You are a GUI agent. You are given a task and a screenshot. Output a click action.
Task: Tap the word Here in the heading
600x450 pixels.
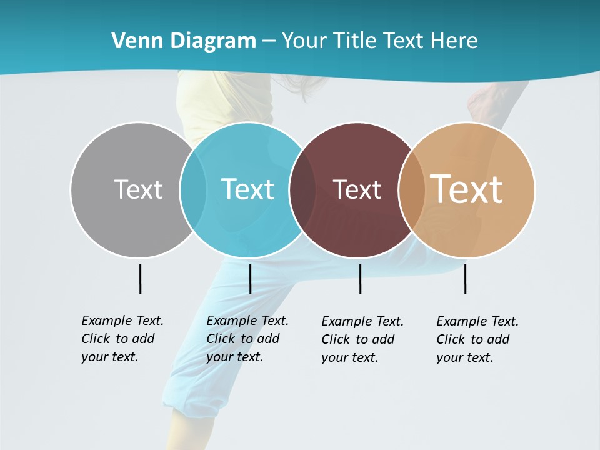click(x=454, y=41)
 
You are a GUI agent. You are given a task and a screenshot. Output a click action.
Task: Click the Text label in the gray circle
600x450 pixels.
click(x=138, y=189)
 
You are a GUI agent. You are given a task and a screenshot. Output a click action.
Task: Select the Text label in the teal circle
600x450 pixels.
click(x=247, y=189)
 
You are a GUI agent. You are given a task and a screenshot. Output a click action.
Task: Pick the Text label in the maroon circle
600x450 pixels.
click(x=357, y=189)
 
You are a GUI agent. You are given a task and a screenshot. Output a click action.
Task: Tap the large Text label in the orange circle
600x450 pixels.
click(x=467, y=189)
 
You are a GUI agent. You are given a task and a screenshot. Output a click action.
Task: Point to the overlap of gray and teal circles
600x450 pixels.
click(x=193, y=190)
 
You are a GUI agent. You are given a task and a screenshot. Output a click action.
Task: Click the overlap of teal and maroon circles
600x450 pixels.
click(x=302, y=190)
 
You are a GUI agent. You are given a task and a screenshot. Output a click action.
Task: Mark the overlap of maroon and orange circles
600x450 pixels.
click(x=411, y=190)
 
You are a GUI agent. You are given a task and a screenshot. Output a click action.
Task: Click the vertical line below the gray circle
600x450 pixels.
click(x=141, y=279)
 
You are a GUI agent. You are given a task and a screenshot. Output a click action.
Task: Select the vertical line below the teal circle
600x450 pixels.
click(x=250, y=279)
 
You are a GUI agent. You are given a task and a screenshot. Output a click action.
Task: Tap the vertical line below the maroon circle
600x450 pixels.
click(x=360, y=279)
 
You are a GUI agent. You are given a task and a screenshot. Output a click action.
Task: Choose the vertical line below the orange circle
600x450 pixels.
click(x=465, y=279)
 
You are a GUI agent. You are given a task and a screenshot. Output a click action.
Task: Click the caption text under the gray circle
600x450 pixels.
click(x=122, y=339)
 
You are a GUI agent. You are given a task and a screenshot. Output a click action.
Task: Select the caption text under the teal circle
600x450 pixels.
click(x=247, y=339)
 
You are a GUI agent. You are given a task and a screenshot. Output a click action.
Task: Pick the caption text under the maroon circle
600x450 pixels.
click(x=362, y=339)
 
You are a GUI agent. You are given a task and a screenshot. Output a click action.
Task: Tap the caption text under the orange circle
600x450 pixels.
click(x=477, y=339)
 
